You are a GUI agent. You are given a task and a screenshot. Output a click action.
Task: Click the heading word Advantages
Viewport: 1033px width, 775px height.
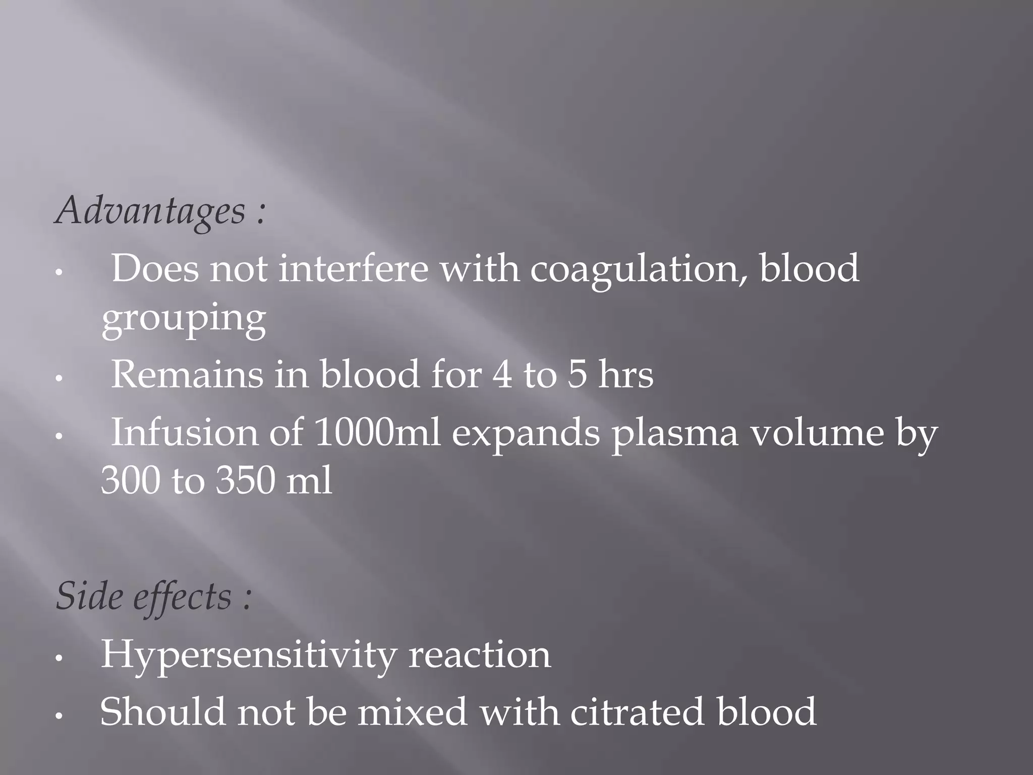150,211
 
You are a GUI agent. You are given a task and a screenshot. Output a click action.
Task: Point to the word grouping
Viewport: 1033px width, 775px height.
184,319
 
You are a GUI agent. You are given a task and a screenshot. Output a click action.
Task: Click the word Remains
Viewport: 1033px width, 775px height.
187,375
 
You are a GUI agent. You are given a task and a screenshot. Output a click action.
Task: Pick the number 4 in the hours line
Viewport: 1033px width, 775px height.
502,375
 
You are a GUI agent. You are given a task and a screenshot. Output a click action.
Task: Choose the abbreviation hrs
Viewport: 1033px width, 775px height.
625,375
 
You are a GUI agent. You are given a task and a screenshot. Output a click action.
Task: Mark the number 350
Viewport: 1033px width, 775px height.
245,480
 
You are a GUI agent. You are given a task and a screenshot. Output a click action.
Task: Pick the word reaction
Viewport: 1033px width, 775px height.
479,655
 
